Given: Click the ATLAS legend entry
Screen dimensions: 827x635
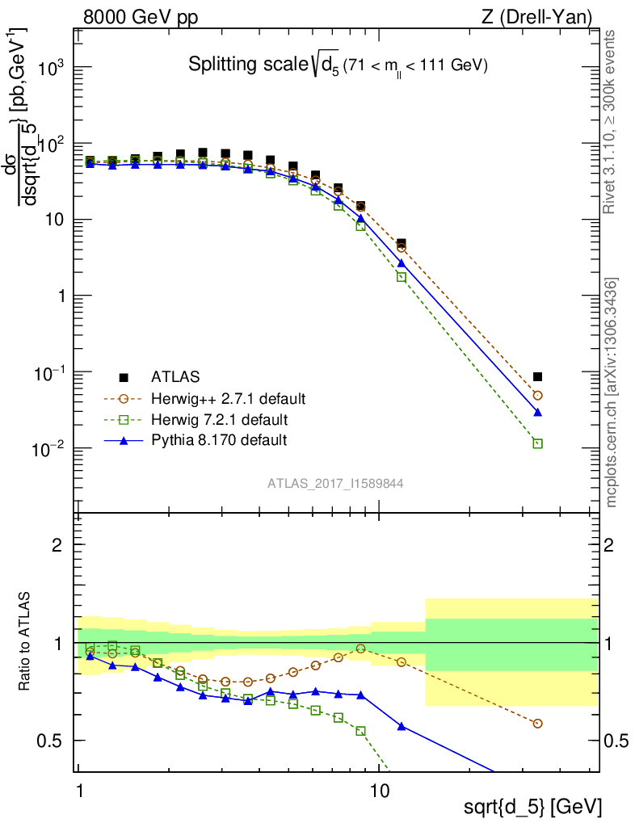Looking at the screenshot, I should (x=175, y=377).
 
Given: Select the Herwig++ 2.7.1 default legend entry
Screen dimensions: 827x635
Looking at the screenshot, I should (x=227, y=399).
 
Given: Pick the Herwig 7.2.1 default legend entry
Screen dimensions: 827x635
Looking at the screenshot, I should (x=220, y=420).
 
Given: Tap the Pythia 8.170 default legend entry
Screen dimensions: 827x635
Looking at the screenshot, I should (x=219, y=440).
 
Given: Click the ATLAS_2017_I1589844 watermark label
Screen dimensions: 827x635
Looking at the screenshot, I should (x=336, y=484).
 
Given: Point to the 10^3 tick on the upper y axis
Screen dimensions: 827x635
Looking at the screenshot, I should (x=50, y=69).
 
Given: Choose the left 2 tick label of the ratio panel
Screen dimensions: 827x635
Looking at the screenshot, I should (x=57, y=545).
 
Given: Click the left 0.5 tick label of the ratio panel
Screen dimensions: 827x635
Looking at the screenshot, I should (x=51, y=741).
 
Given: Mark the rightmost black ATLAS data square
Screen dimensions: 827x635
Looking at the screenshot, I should (x=538, y=376).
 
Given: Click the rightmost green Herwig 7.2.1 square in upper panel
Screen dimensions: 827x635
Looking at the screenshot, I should (x=538, y=443).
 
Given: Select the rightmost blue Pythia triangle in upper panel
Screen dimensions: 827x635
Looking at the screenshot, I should (x=538, y=412).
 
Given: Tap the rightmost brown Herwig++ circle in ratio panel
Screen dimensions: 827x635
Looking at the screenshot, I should (x=538, y=724).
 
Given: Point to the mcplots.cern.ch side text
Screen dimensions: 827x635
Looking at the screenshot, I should (x=612, y=392).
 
